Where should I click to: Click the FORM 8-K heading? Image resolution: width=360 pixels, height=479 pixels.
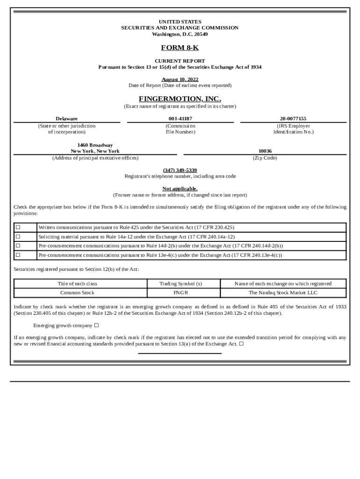(180, 48)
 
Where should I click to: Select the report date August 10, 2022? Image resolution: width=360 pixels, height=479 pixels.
(180, 79)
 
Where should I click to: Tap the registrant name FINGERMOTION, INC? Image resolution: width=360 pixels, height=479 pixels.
(180, 99)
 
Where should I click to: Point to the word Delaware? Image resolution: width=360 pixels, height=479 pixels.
(67, 119)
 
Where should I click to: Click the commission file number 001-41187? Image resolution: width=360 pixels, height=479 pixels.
(180, 119)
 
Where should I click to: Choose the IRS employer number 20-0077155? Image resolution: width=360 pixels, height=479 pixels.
(293, 119)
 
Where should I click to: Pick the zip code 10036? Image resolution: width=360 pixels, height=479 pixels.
(265, 151)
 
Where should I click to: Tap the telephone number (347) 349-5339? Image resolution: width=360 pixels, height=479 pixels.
(180, 170)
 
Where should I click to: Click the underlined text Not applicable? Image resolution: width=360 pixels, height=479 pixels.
(180, 189)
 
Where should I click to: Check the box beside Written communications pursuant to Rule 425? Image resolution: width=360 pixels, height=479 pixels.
(18, 227)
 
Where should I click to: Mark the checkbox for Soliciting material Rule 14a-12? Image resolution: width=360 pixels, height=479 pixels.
(18, 237)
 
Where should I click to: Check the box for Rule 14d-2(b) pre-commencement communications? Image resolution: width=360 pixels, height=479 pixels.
(18, 246)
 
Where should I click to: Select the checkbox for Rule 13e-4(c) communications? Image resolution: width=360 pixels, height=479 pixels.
(18, 255)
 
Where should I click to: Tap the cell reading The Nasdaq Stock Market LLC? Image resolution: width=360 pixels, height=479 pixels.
(283, 293)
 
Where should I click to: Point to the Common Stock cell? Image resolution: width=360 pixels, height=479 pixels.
(77, 293)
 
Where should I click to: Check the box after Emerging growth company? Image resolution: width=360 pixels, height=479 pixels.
(96, 325)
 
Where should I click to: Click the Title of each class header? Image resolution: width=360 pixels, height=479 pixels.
(77, 283)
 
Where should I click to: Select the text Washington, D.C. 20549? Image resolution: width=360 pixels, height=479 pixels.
(180, 34)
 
